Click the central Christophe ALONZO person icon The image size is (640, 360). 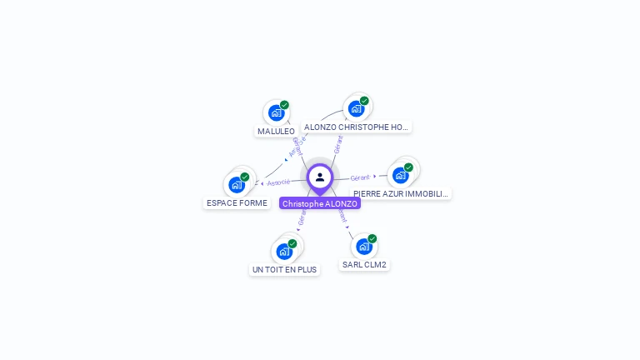click(320, 177)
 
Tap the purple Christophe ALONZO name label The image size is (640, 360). click(320, 203)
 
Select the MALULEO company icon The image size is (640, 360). click(276, 112)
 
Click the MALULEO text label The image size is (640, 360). click(276, 131)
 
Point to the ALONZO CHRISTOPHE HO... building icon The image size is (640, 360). click(356, 108)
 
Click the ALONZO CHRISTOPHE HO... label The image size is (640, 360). click(356, 127)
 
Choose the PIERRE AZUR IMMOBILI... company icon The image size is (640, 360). click(401, 175)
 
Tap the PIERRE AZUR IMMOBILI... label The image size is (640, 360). click(401, 193)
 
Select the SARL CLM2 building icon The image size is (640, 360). click(364, 247)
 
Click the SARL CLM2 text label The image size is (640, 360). click(364, 265)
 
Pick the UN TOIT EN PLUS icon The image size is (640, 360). click(284, 251)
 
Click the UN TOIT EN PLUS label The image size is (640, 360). click(284, 269)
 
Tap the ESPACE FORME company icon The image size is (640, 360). click(237, 184)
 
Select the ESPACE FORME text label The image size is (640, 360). click(237, 202)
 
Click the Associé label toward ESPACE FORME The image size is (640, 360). click(278, 182)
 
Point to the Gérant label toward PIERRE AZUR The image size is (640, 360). click(360, 177)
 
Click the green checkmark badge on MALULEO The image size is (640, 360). click(284, 105)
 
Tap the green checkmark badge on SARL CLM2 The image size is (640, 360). click(372, 239)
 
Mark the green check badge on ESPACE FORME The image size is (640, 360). click(245, 177)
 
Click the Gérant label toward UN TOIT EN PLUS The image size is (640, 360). click(302, 217)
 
